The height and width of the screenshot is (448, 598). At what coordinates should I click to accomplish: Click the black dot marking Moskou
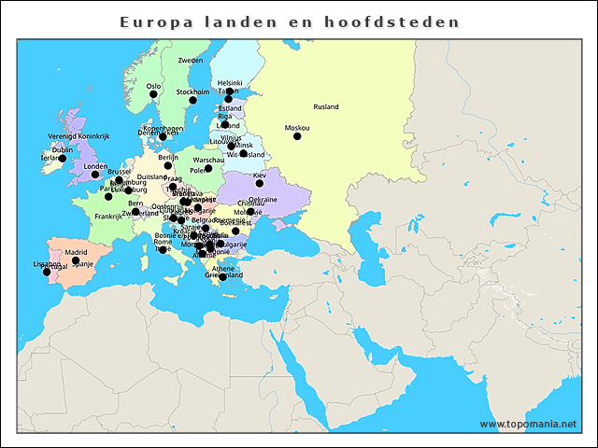click(x=297, y=136)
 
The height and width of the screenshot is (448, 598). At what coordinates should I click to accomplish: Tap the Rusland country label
click(x=326, y=107)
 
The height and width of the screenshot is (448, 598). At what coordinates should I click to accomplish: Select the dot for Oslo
click(x=153, y=93)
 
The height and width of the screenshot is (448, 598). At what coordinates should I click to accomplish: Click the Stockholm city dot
click(x=193, y=100)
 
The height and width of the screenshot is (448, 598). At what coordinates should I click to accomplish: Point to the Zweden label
click(x=190, y=61)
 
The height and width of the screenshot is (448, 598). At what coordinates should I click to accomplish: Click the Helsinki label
click(x=230, y=82)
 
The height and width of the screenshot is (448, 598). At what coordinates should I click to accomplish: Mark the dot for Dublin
click(x=63, y=158)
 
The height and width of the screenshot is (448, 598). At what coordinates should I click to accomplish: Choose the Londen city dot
click(x=94, y=175)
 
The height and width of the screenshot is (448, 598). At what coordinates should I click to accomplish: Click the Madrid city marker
click(x=75, y=260)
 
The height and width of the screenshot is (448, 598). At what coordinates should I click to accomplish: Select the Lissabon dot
click(x=47, y=272)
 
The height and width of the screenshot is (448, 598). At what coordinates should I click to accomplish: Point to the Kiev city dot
click(x=260, y=183)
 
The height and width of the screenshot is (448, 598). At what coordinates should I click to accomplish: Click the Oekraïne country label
click(x=263, y=200)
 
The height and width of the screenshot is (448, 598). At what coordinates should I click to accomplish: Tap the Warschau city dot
click(x=209, y=168)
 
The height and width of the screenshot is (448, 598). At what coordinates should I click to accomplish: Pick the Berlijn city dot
click(x=168, y=165)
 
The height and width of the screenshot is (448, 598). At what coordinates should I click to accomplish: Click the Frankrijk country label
click(x=108, y=217)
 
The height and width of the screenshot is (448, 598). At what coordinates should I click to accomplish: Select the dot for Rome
click(x=163, y=250)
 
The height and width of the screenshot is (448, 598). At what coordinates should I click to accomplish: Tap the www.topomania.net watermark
click(x=528, y=425)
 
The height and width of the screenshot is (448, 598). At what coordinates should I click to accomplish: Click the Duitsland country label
click(x=151, y=176)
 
